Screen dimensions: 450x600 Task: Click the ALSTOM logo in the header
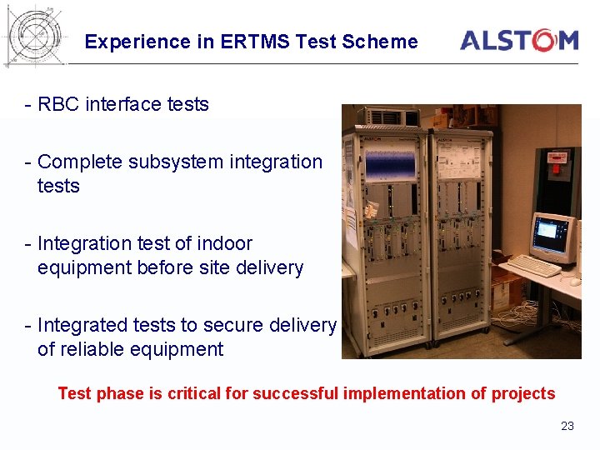518,40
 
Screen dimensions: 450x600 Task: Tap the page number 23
567,426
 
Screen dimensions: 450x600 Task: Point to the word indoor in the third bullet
224,243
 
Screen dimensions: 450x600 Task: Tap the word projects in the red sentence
522,393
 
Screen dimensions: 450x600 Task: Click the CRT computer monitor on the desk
553,236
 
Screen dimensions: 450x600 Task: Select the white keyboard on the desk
533,267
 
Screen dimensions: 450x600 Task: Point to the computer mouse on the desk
575,282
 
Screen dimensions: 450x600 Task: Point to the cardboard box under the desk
506,294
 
